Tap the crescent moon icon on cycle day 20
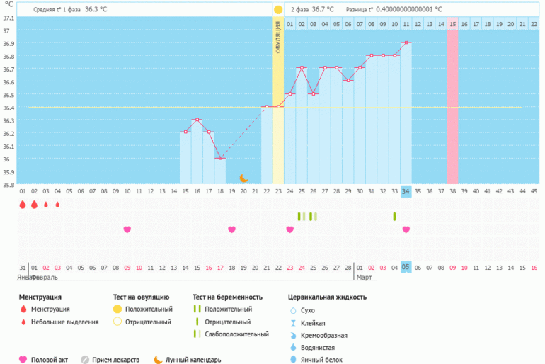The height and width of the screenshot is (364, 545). (x=243, y=178)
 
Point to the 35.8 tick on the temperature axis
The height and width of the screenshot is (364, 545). (x=7, y=185)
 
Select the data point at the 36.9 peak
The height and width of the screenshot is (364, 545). (x=406, y=42)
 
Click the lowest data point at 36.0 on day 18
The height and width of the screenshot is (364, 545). (x=220, y=158)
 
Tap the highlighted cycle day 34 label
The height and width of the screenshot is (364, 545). (x=406, y=190)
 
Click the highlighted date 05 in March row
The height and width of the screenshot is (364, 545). (x=406, y=268)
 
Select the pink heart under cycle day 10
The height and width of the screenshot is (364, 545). (x=127, y=229)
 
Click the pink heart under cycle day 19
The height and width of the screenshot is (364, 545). (x=231, y=229)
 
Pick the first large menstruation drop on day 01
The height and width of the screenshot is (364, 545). (x=23, y=205)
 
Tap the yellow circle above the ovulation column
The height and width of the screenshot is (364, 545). (x=278, y=10)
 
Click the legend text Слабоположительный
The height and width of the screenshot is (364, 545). (x=236, y=334)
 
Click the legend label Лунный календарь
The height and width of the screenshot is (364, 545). (x=193, y=359)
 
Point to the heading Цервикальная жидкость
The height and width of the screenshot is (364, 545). (x=328, y=297)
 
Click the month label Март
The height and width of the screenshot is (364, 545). (x=364, y=278)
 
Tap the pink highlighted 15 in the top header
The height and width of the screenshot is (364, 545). (x=452, y=24)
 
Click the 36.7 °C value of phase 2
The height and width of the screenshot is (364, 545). (x=323, y=10)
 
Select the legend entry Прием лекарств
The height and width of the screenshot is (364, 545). (x=117, y=359)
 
